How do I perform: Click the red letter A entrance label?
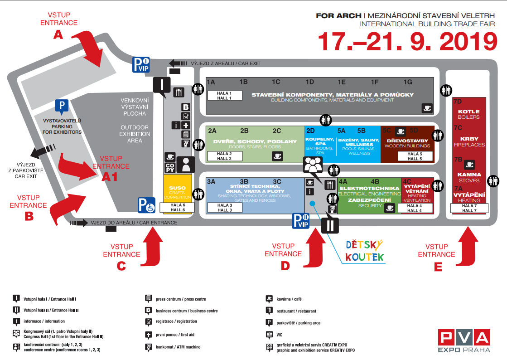coord(58,34)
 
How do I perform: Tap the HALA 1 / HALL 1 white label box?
coord(224,95)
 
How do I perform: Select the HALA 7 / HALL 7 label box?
coord(469,208)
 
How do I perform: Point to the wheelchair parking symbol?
coord(146,205)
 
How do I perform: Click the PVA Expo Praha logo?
coord(464,341)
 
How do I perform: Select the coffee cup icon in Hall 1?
coord(427,108)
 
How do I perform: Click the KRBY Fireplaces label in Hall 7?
coord(469,141)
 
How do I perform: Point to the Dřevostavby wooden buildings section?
coord(407,144)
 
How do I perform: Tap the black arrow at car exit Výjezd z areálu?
coord(178,63)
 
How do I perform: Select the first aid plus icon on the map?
coord(186,126)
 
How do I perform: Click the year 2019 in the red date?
coord(468,41)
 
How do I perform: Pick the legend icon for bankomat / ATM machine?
coord(149,347)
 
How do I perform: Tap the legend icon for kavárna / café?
coord(269,299)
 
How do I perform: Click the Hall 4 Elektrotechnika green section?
coord(369,196)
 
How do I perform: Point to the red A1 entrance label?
coord(110,177)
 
